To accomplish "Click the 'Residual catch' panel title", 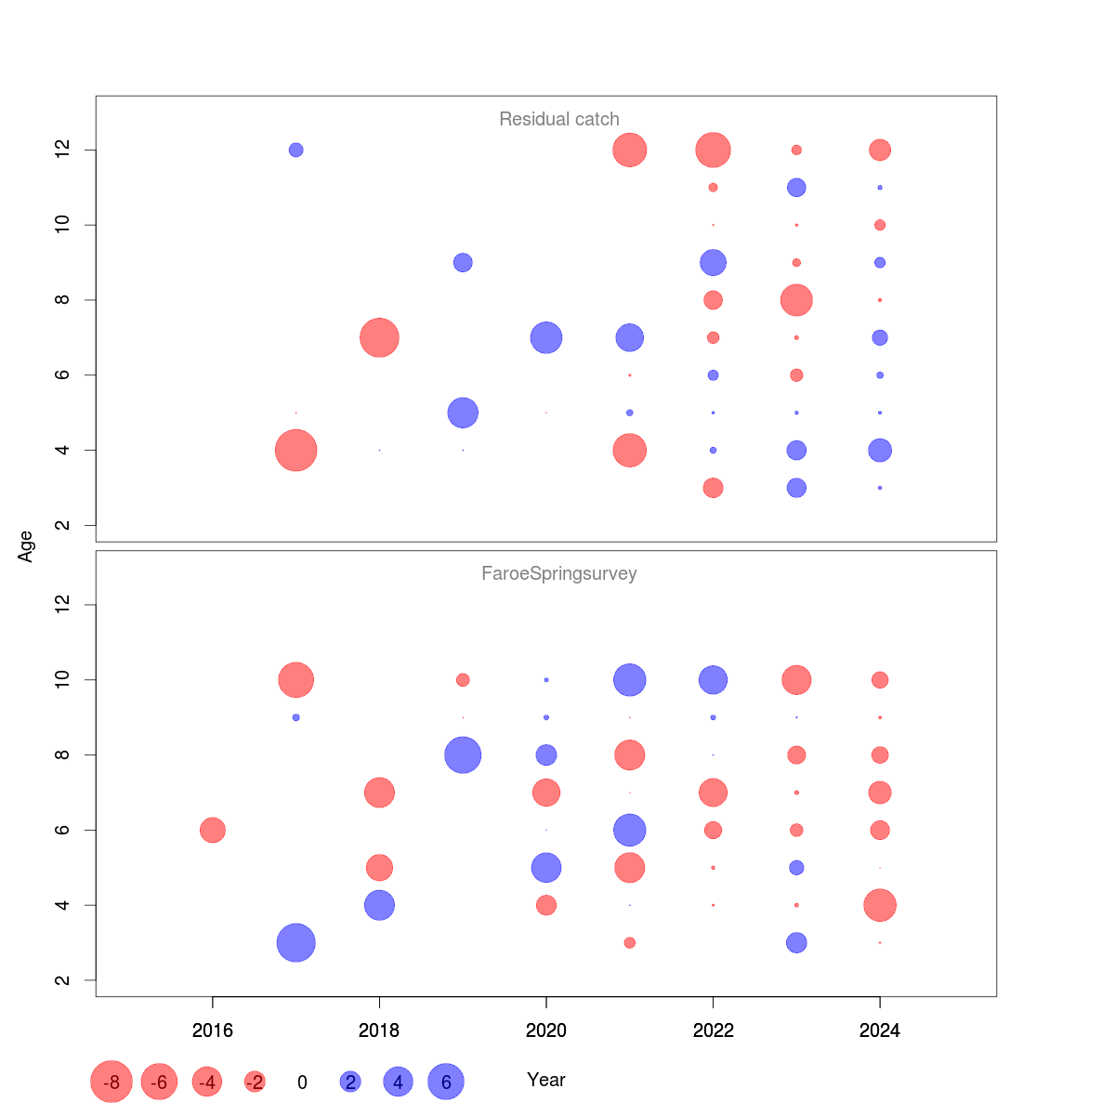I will pyautogui.click(x=558, y=119).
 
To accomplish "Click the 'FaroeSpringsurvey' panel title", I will pyautogui.click(x=558, y=573).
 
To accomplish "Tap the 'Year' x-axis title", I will pyautogui.click(x=545, y=1080).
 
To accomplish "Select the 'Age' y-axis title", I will pyautogui.click(x=26, y=546).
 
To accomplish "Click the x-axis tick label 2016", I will pyautogui.click(x=212, y=1030).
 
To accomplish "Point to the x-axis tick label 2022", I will pyautogui.click(x=713, y=1030).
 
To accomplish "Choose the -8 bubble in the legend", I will pyautogui.click(x=111, y=1082).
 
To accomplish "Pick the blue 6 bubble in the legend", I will pyautogui.click(x=446, y=1082).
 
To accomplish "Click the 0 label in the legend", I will pyautogui.click(x=302, y=1082).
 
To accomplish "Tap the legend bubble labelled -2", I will pyautogui.click(x=255, y=1082).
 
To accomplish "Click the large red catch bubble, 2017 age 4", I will pyautogui.click(x=295, y=451).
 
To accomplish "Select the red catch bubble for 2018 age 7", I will pyautogui.click(x=379, y=337).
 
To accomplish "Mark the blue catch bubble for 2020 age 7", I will pyautogui.click(x=546, y=337).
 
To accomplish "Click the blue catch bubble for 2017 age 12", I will pyautogui.click(x=295, y=150).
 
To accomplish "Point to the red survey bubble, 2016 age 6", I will pyautogui.click(x=212, y=830).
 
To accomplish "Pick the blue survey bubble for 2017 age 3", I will pyautogui.click(x=295, y=943).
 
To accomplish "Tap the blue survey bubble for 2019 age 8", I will pyautogui.click(x=463, y=754).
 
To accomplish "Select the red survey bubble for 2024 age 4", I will pyautogui.click(x=880, y=905).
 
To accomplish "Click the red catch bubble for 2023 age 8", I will pyautogui.click(x=796, y=300).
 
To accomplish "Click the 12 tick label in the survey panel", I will pyautogui.click(x=63, y=605).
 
